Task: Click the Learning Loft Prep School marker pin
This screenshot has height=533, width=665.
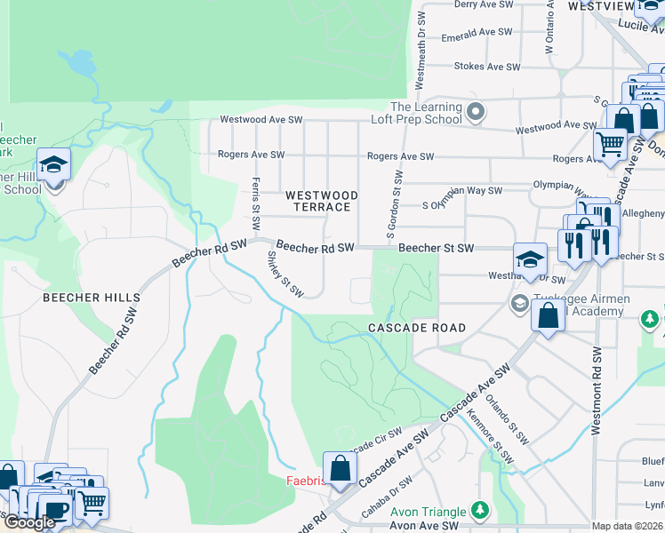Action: point(476,112)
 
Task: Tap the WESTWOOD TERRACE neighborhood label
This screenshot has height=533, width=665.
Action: point(321,201)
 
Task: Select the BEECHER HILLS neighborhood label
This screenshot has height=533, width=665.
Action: point(92,298)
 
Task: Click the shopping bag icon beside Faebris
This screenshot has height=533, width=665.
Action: point(340,467)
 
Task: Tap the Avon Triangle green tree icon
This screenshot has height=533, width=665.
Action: point(480,510)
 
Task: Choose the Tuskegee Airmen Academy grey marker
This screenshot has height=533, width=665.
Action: point(519,304)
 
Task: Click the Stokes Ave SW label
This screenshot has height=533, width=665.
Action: point(485,67)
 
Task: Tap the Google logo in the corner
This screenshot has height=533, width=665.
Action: point(28,522)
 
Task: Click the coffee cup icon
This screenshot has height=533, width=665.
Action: point(56,510)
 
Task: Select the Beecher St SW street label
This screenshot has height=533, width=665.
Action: point(436,249)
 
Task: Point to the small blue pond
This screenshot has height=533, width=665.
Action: point(83,63)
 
